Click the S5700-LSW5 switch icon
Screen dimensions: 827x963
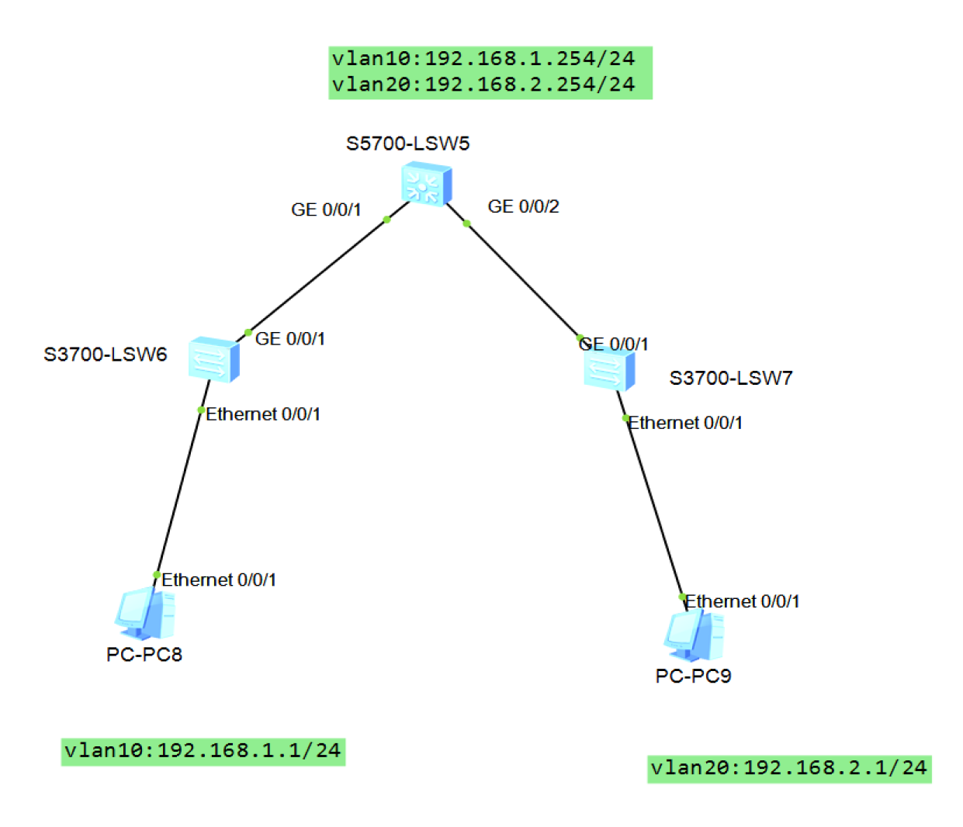tap(426, 185)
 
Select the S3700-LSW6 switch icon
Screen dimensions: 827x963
tap(213, 358)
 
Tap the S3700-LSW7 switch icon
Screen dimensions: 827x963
tap(609, 369)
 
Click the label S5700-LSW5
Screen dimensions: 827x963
tap(407, 144)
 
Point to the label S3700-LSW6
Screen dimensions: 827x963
tap(106, 355)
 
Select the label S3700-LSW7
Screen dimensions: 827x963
tap(731, 379)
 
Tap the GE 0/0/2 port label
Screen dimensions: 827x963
tap(523, 206)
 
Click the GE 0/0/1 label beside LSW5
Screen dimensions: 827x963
tap(326, 209)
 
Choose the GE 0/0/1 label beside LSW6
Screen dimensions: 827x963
tap(290, 339)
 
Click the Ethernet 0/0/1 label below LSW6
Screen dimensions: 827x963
tap(263, 414)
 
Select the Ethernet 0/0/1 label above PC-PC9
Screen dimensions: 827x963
tap(743, 601)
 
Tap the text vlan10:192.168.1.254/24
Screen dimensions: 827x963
tap(483, 59)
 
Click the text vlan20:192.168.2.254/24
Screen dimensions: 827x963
tap(483, 85)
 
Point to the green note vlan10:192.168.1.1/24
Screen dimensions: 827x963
tap(203, 751)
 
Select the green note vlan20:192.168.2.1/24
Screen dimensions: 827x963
tap(788, 768)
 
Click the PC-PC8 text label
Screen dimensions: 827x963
tap(144, 655)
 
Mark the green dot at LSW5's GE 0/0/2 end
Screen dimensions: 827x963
tap(466, 223)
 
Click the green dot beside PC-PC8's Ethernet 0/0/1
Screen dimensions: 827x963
tap(157, 575)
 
